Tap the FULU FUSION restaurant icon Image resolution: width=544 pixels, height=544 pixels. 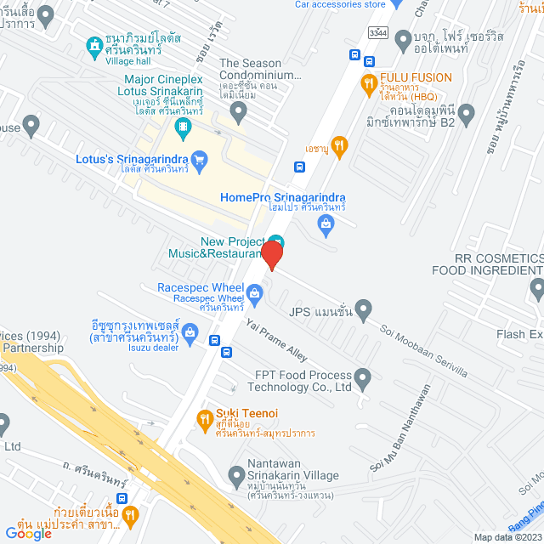pyautogui.click(x=368, y=82)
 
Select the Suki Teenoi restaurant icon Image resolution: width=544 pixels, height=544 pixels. pyautogui.click(x=205, y=418)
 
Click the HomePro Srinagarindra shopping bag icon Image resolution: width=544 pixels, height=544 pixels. pyautogui.click(x=325, y=223)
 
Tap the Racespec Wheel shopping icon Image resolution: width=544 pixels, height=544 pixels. pyautogui.click(x=253, y=295)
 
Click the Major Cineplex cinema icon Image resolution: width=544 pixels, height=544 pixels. pyautogui.click(x=183, y=128)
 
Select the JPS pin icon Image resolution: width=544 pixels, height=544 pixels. pyautogui.click(x=364, y=308)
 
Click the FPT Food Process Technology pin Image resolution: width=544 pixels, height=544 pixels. pyautogui.click(x=363, y=376)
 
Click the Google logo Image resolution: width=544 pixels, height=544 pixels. pyautogui.click(x=28, y=533)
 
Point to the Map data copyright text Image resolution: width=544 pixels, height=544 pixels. pyautogui.click(x=507, y=537)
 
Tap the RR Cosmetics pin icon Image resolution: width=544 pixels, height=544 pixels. pyautogui.click(x=535, y=290)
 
